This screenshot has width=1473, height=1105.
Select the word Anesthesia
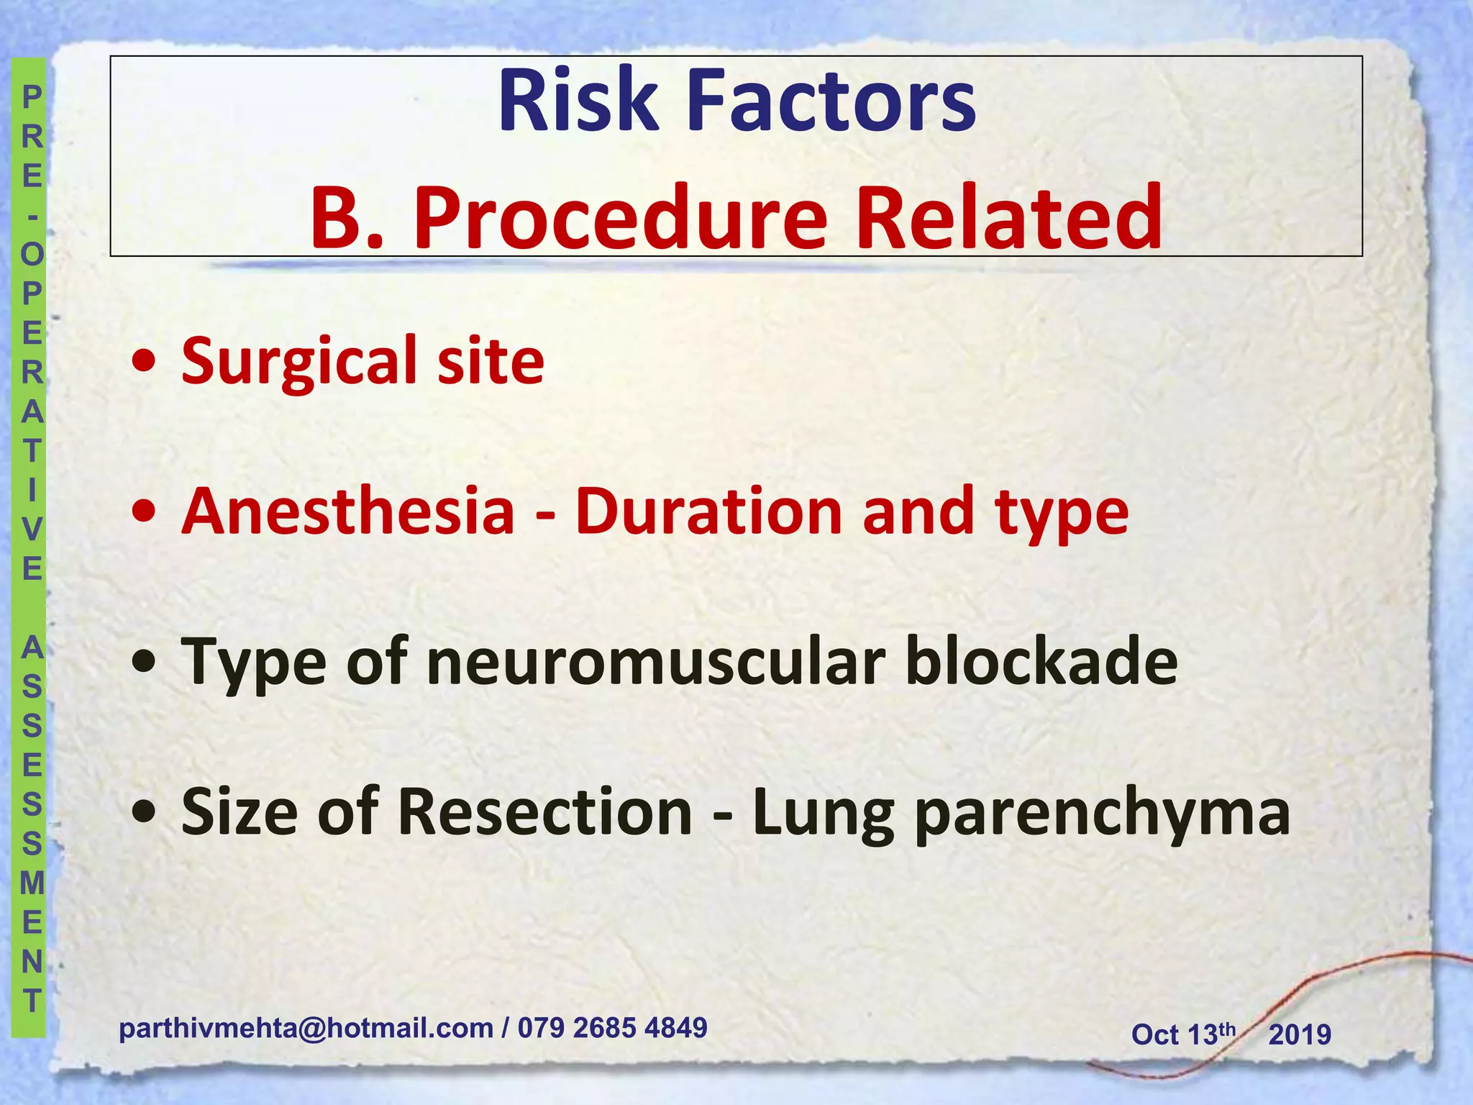click(x=348, y=511)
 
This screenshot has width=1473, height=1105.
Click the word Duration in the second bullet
click(x=708, y=511)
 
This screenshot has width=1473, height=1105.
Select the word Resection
click(x=544, y=812)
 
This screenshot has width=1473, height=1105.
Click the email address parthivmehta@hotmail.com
click(x=306, y=1029)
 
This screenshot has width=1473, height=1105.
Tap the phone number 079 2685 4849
click(x=612, y=1028)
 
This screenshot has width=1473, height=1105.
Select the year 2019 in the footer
click(x=1300, y=1035)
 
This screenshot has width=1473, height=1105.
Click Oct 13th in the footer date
click(x=1182, y=1034)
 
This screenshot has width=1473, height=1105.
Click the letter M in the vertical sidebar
click(x=32, y=882)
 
